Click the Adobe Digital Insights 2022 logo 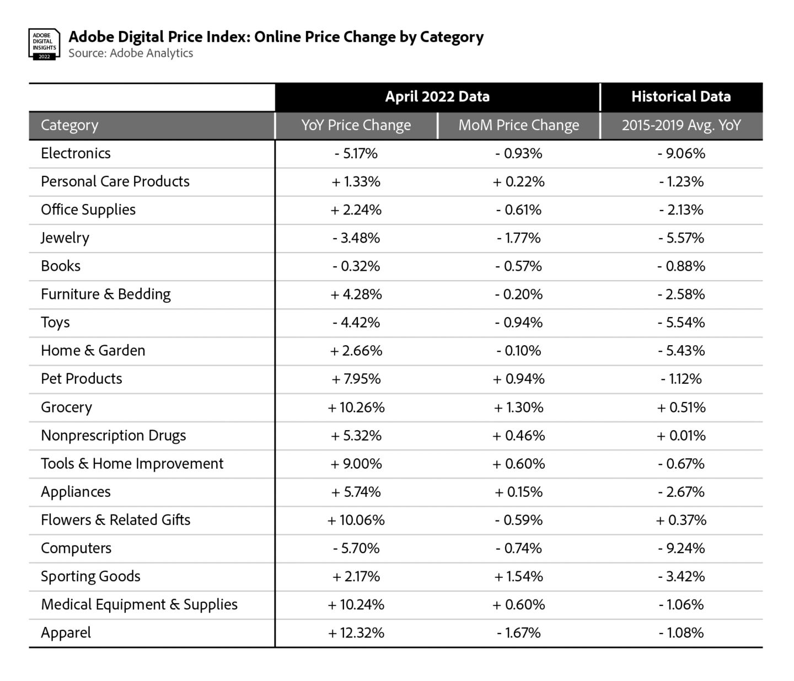(44, 44)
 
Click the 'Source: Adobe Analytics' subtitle (131, 53)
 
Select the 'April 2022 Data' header (437, 97)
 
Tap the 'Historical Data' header (681, 97)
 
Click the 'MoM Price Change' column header (519, 126)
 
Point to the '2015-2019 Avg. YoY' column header (681, 126)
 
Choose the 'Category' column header (69, 126)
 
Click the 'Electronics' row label (76, 153)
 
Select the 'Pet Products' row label (82, 379)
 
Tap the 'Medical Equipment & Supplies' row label (139, 604)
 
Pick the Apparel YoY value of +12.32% (356, 633)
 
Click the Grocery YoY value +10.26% (356, 407)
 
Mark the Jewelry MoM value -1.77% (519, 238)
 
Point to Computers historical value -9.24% (681, 548)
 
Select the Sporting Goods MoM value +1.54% (519, 577)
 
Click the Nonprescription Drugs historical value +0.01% (681, 436)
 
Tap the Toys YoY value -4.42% (356, 323)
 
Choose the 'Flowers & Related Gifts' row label (115, 520)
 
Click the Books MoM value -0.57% (519, 266)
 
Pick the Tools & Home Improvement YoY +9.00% (356, 464)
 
